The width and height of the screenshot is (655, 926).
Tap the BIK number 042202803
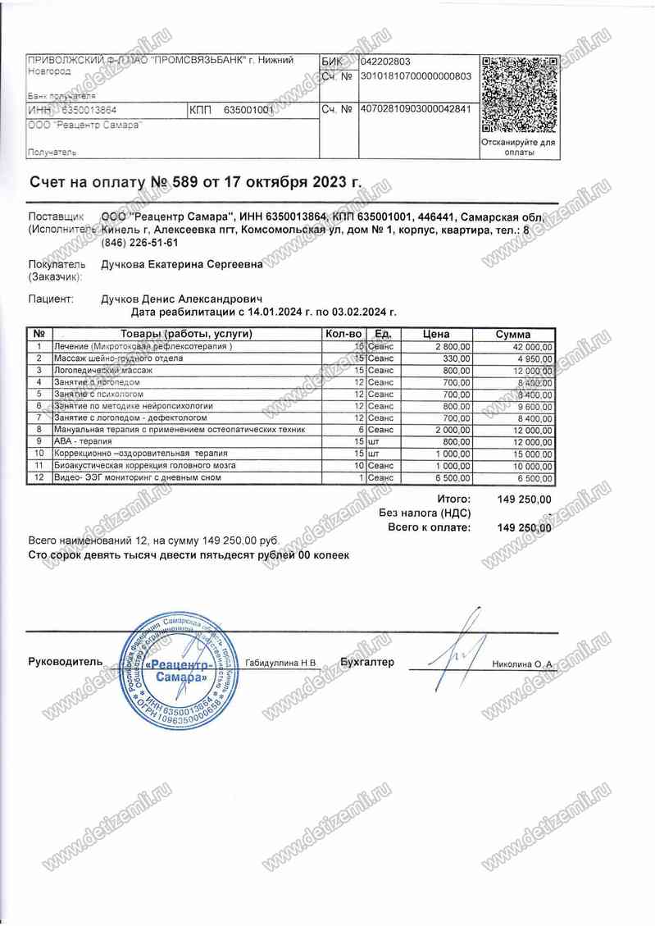click(385, 62)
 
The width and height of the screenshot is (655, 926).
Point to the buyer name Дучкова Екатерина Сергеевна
click(182, 264)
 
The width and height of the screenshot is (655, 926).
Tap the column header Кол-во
click(343, 335)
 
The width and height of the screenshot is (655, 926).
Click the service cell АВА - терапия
click(82, 442)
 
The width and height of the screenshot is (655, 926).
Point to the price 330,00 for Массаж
click(456, 359)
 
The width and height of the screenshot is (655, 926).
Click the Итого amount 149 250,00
click(525, 499)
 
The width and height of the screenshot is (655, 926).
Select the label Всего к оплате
click(429, 527)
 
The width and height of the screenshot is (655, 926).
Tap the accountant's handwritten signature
click(455, 648)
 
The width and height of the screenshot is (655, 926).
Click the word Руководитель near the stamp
click(66, 661)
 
